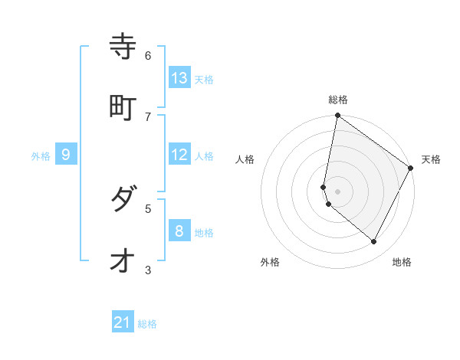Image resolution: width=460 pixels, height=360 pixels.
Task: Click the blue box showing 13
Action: click(179, 78)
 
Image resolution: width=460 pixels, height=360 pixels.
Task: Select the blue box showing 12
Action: click(179, 155)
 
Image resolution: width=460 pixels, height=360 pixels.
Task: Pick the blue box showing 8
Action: click(179, 231)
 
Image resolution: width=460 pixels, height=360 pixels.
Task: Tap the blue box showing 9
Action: click(66, 155)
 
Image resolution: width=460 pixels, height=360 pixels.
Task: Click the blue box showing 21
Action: click(123, 322)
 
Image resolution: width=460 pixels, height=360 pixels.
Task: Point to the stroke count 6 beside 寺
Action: click(148, 55)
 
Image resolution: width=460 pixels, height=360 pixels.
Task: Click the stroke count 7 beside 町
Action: click(148, 116)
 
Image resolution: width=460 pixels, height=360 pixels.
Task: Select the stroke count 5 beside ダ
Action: click(148, 208)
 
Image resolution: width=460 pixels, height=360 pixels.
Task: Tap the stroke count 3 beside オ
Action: click(148, 269)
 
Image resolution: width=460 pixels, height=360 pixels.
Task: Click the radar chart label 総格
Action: click(338, 100)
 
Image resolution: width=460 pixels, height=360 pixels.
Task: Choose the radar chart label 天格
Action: click(431, 159)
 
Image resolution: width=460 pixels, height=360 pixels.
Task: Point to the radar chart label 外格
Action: click(270, 262)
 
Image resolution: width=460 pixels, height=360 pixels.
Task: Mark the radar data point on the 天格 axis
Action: click(411, 169)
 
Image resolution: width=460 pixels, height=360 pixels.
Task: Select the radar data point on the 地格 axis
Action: click(374, 242)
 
